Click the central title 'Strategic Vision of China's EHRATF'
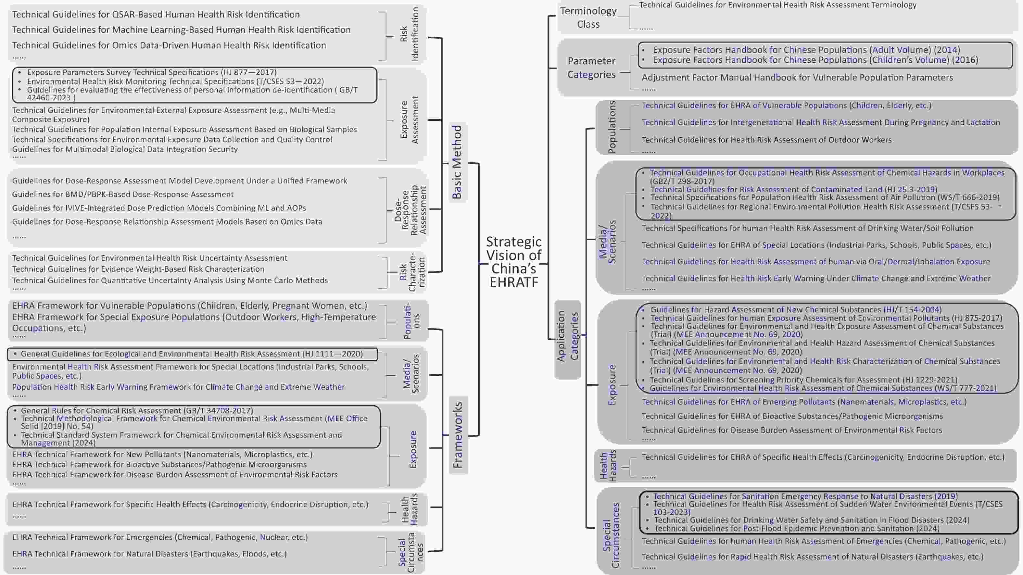[x=514, y=262]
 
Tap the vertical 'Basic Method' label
[x=457, y=162]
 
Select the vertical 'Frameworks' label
[x=458, y=435]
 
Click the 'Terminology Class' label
[x=588, y=18]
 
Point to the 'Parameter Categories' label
[x=591, y=68]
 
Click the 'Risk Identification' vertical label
[x=410, y=34]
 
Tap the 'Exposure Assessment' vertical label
[x=410, y=119]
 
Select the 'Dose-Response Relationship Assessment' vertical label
[x=410, y=209]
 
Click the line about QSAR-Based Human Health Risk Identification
[x=156, y=15]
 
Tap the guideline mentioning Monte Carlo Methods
[x=170, y=280]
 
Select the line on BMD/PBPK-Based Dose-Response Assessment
[x=123, y=194]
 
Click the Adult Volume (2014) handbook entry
[x=806, y=50]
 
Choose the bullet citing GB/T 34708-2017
[x=137, y=411]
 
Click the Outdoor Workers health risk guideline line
[x=766, y=140]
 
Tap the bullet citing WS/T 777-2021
[x=823, y=388]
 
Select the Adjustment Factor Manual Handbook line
[x=797, y=77]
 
